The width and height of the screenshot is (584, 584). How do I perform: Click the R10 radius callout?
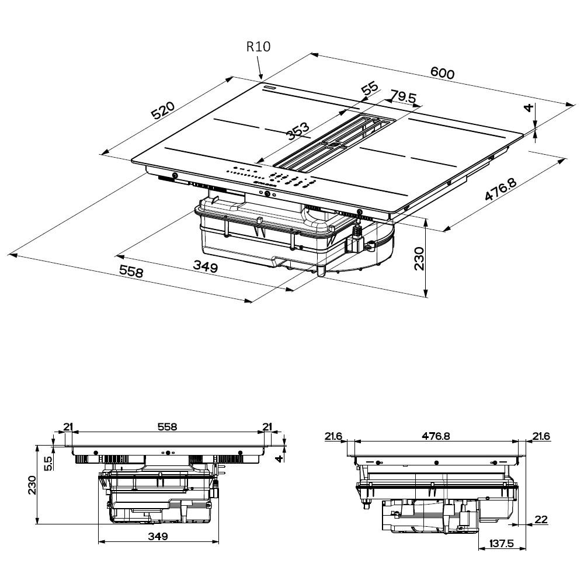258,47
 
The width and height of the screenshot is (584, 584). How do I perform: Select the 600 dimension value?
442,72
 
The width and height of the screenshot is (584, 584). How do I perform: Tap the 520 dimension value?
164,110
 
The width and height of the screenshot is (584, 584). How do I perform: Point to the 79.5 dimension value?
403,97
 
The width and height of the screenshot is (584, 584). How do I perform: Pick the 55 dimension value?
369,89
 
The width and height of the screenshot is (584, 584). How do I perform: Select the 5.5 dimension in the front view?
48,463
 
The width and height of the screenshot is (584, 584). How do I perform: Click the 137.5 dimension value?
501,544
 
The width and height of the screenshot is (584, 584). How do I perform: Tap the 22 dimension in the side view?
541,519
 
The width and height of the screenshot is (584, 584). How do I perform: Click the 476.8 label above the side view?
437,436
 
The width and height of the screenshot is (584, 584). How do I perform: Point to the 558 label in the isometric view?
131,272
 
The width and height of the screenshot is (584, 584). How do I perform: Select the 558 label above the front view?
166,427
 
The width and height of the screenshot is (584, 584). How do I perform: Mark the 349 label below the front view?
158,536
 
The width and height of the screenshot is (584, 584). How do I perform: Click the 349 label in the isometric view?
205,267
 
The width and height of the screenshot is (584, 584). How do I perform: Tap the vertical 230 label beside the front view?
32,485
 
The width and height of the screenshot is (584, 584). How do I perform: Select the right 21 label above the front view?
267,427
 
